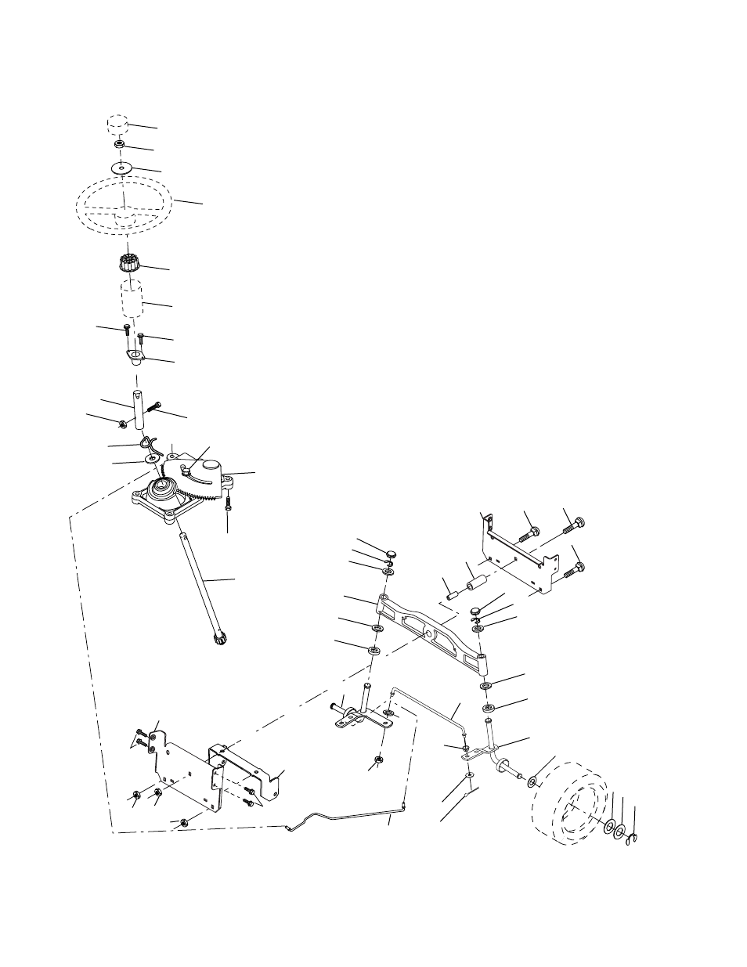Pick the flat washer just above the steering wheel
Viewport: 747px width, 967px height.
pos(122,168)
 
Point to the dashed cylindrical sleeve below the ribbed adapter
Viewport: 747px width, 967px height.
pos(132,300)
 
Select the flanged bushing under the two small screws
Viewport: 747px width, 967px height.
pos(137,358)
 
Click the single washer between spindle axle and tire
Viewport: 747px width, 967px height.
pos(532,781)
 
